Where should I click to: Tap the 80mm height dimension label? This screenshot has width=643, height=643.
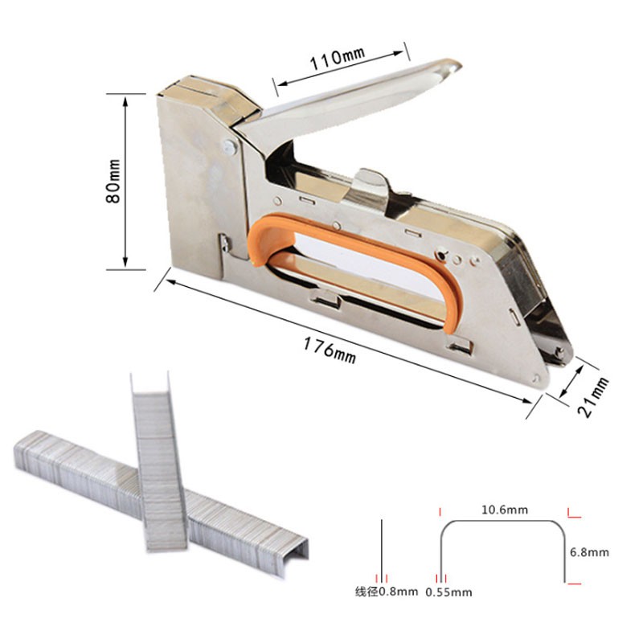pyautogui.click(x=113, y=181)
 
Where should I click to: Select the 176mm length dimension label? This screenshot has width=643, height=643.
pyautogui.click(x=330, y=350)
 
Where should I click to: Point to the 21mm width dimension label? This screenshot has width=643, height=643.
pyautogui.click(x=593, y=397)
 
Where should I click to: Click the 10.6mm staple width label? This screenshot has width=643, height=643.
pyautogui.click(x=505, y=510)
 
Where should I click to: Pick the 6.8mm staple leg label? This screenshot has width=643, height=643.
pyautogui.click(x=589, y=552)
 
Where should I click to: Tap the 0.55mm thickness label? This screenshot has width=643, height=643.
pyautogui.click(x=448, y=592)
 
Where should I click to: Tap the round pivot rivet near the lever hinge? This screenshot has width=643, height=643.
pyautogui.click(x=230, y=147)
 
